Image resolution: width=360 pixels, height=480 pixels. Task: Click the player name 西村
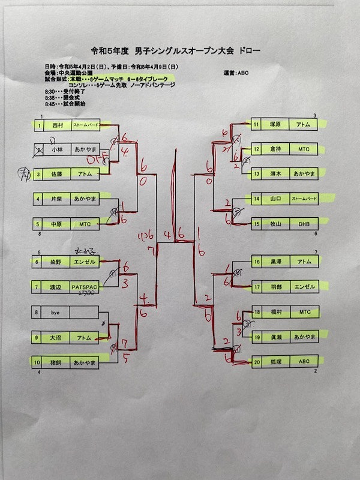click(x=58, y=126)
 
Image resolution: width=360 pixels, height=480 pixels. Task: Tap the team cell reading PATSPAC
click(x=85, y=287)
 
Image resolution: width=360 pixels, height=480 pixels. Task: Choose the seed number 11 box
click(x=256, y=124)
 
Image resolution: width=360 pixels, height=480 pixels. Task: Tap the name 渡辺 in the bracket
click(x=57, y=287)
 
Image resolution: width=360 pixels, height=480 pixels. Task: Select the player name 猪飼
click(x=58, y=362)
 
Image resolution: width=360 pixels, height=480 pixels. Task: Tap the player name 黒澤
click(x=277, y=262)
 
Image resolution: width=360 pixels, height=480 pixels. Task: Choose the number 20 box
click(x=256, y=362)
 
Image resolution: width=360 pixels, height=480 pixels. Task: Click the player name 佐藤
click(x=58, y=174)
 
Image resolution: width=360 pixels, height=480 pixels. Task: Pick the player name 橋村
click(x=277, y=312)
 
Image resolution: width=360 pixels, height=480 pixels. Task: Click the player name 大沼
click(x=58, y=338)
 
